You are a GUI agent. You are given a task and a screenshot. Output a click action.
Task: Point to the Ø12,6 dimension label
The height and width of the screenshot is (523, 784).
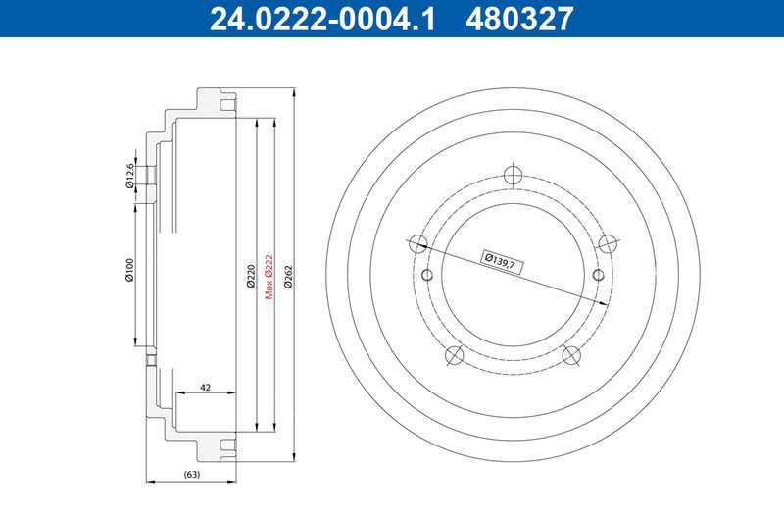128,176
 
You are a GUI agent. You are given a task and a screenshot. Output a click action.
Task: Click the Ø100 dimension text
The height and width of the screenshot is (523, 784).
128,272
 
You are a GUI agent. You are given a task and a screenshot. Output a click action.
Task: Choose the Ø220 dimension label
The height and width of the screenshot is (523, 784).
251,277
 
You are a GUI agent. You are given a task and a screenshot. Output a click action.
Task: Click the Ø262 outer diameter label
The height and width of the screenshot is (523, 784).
287,277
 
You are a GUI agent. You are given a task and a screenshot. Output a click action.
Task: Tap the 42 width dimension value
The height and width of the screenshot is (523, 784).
206,387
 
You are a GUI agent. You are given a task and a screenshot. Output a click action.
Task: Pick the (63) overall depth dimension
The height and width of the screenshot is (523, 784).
192,476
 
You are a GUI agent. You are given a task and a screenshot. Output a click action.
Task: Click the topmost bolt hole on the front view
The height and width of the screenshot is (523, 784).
511,176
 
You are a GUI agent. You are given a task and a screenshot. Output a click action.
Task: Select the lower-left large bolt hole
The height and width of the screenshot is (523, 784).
453,355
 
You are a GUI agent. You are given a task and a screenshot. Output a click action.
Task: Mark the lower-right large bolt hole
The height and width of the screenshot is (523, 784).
569,355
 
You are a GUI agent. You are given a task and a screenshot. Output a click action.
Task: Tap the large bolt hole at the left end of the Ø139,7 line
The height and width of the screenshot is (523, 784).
416,243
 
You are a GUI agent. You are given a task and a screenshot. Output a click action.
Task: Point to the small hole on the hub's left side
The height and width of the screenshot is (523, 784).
427,275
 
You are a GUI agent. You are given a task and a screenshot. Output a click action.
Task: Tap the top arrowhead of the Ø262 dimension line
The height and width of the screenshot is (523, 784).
294,91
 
